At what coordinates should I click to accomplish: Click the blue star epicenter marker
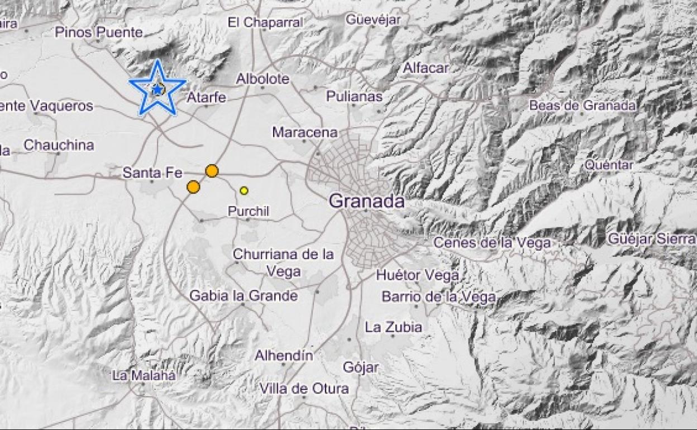[x=157, y=89]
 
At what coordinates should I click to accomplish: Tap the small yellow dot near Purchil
[x=244, y=190]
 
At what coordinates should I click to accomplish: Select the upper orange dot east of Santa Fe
[x=212, y=171]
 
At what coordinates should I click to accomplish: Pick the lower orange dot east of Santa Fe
[x=193, y=187]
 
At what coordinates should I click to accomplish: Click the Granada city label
[x=366, y=201]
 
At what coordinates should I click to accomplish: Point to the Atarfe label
[x=206, y=97]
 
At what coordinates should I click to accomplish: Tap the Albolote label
[x=262, y=79]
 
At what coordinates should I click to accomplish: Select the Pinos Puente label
[x=91, y=32]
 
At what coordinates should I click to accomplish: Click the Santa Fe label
[x=152, y=173]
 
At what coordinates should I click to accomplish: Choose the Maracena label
[x=305, y=132]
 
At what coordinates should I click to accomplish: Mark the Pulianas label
[x=355, y=97]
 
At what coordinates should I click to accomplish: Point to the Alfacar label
[x=426, y=68]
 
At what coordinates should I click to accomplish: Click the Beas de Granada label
[x=583, y=105]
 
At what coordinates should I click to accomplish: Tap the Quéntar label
[x=609, y=165]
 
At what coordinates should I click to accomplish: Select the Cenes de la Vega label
[x=492, y=243]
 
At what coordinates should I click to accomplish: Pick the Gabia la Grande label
[x=244, y=296]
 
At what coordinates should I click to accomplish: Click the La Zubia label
[x=393, y=327]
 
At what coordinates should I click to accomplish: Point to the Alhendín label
[x=284, y=355]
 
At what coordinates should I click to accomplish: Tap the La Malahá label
[x=144, y=375]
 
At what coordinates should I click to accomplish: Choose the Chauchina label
[x=59, y=145]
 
